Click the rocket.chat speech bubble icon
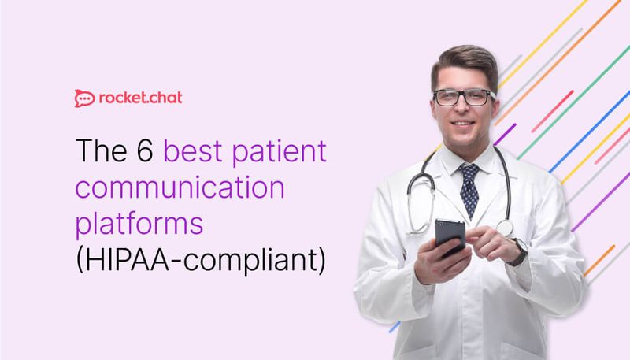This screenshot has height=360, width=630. click(x=84, y=98)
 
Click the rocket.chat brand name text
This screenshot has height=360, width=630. click(x=140, y=98)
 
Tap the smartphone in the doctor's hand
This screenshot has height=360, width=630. click(x=450, y=237)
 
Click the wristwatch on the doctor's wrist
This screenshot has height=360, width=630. click(x=517, y=251)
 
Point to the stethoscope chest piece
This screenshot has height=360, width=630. click(x=504, y=228)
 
